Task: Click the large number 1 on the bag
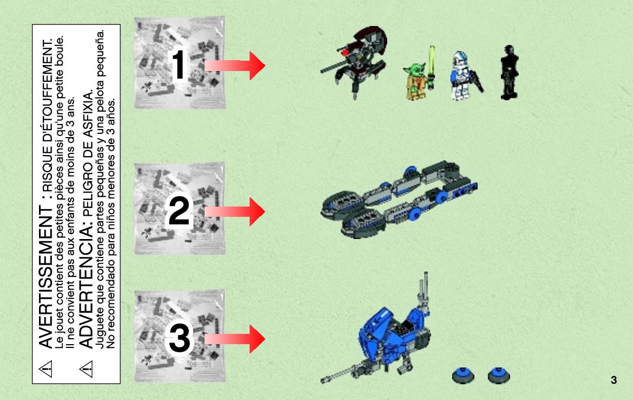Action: click(179, 64)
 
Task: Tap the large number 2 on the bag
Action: click(179, 210)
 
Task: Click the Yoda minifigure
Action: click(416, 81)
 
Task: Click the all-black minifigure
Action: click(509, 73)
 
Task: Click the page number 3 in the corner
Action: click(614, 380)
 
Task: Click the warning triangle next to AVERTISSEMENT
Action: click(45, 369)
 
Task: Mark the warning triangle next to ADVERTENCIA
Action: click(86, 369)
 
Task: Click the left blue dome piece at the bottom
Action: click(463, 376)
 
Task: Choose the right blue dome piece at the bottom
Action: click(499, 376)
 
